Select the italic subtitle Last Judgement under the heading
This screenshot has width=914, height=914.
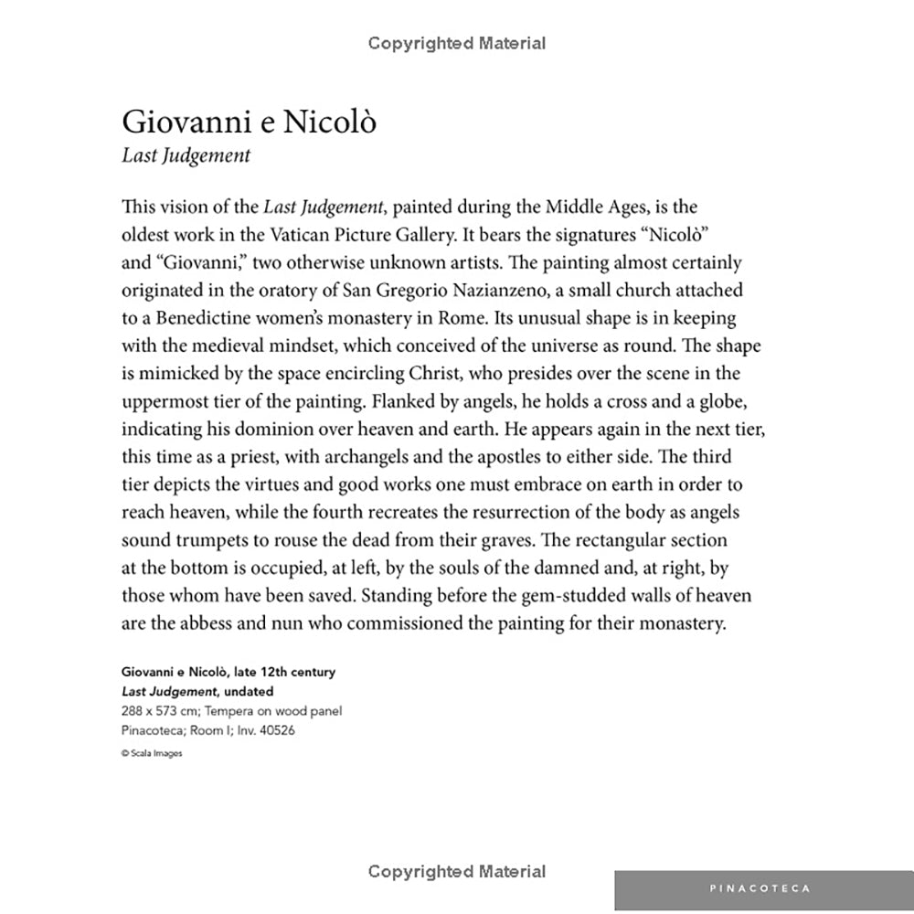pos(186,155)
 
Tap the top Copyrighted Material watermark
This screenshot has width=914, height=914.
pos(457,43)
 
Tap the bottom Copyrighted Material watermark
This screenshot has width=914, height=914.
pos(457,871)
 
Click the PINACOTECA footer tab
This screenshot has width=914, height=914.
pos(760,887)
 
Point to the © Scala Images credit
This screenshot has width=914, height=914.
pos(151,754)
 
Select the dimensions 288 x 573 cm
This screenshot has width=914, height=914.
pos(159,711)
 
